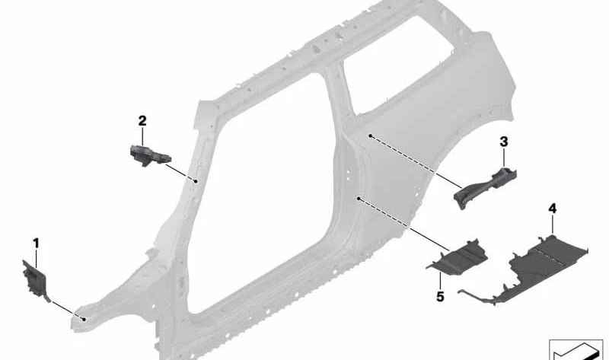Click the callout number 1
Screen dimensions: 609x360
coord(36,244)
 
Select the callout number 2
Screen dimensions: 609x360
coord(142,121)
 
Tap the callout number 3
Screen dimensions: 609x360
coord(504,142)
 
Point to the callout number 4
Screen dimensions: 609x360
coord(553,209)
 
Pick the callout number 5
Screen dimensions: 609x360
coord(440,297)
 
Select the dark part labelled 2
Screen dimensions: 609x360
coord(149,155)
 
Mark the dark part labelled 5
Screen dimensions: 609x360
coord(458,258)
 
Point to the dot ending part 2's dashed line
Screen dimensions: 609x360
coord(196,181)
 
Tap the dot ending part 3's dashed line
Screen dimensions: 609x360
coord(371,136)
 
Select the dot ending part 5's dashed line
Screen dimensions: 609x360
coord(359,199)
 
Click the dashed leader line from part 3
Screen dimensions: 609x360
coord(413,161)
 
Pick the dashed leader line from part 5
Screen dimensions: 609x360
coord(403,224)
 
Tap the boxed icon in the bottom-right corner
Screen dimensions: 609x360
coord(576,349)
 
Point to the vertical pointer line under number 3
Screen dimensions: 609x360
coord(504,158)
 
